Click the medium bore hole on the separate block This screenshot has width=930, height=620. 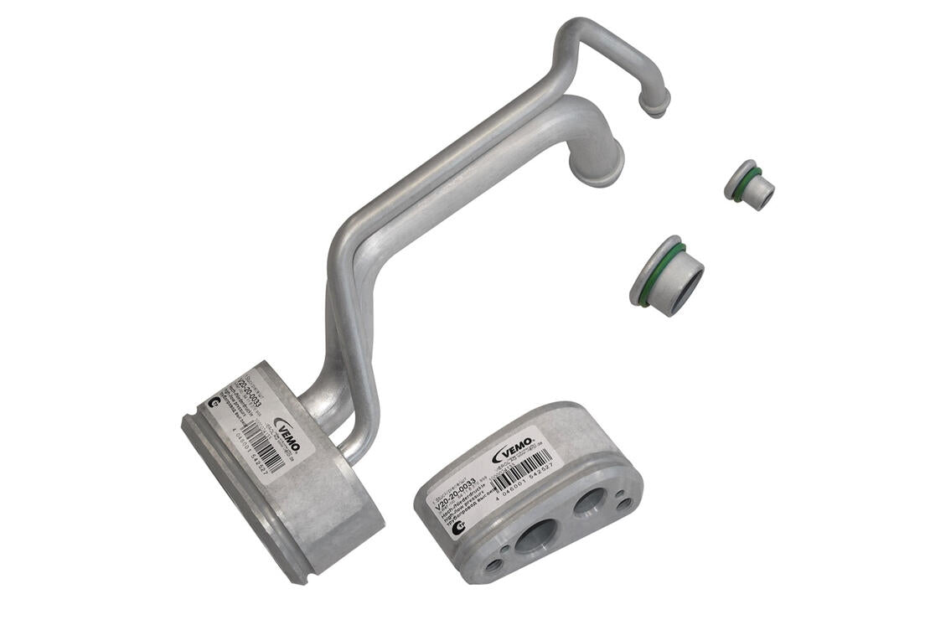(591, 501)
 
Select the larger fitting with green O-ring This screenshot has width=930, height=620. (667, 276)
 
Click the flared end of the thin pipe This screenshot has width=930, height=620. (654, 104)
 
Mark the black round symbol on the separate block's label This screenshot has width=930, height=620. (458, 527)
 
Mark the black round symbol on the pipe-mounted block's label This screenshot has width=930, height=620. (214, 404)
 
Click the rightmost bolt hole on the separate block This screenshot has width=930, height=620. (625, 504)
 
